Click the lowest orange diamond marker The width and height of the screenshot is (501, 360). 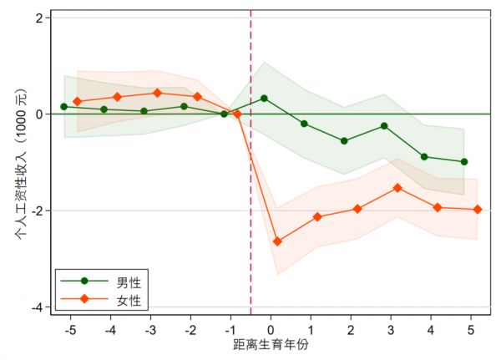[x=277, y=241]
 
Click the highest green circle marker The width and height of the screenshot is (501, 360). [x=264, y=98]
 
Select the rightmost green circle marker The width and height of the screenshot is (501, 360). [x=464, y=161]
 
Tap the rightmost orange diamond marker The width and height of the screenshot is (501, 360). [x=478, y=210]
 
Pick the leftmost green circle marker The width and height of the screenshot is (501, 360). [x=63, y=106]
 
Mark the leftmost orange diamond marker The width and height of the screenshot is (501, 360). [x=77, y=101]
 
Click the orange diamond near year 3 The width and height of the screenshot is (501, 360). [x=397, y=188]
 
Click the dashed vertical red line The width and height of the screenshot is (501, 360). [x=250, y=209]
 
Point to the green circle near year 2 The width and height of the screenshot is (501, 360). [x=344, y=140]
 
